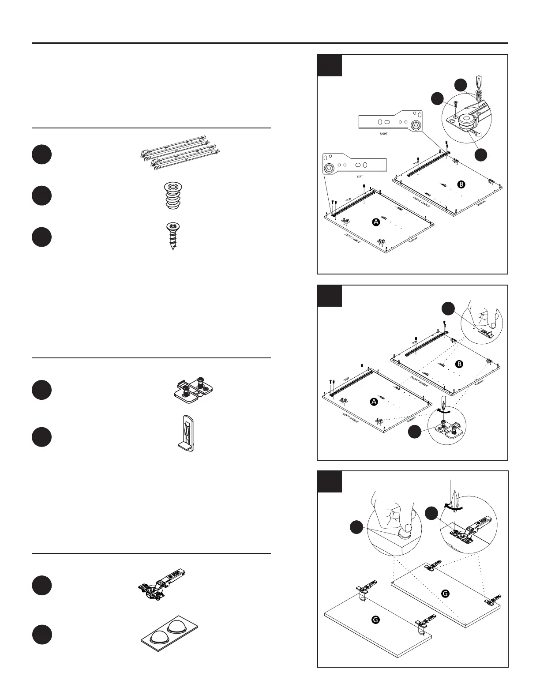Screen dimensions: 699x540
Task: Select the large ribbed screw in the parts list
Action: click(173, 196)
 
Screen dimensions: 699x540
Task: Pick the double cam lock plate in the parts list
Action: click(193, 389)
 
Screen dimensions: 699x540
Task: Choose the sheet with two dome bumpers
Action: click(169, 634)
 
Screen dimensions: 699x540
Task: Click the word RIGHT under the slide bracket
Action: click(383, 133)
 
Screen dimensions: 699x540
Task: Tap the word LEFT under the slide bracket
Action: click(360, 176)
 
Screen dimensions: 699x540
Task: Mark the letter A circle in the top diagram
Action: click(376, 222)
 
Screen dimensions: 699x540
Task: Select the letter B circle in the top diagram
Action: click(461, 185)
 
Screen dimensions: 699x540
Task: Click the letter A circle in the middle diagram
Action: click(374, 402)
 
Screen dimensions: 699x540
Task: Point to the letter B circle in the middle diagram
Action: click(459, 364)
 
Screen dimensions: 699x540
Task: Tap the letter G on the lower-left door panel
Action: click(375, 620)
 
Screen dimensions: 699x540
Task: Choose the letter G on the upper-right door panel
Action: click(445, 594)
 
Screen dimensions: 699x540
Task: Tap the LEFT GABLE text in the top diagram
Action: click(352, 238)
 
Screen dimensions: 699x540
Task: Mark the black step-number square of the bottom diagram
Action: click(330, 481)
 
